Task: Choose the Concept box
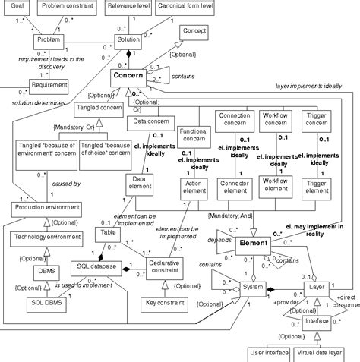195,31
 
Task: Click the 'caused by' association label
66,184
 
